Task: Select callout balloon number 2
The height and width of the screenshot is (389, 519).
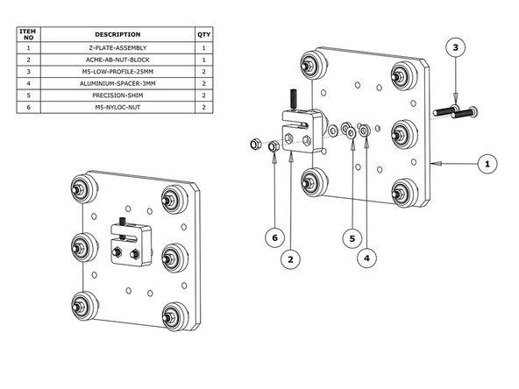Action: [x=289, y=258]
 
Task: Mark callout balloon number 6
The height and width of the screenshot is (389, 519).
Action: [x=275, y=236]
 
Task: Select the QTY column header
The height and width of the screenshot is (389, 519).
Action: [x=204, y=34]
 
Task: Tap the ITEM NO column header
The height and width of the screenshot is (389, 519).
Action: [x=28, y=34]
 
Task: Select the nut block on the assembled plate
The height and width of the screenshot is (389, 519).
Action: [x=131, y=246]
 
